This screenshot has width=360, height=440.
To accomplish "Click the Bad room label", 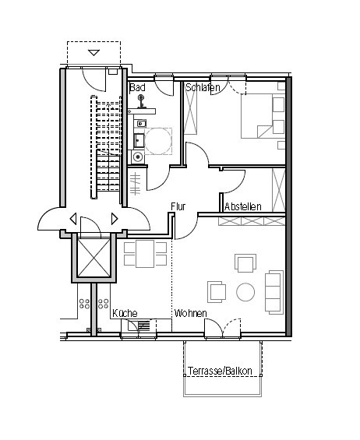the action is (137, 87).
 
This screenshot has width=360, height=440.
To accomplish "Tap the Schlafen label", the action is (203, 87).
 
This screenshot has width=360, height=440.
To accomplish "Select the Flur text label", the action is (178, 206).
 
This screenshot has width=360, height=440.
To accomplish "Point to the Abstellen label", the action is (243, 207).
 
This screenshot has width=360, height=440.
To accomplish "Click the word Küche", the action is (125, 313).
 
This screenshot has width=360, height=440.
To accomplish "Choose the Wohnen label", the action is (190, 313).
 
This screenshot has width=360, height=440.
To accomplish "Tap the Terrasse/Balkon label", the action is (220, 371).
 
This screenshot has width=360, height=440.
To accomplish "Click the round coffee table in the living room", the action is (245, 292).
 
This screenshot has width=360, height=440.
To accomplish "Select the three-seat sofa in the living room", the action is (274, 292).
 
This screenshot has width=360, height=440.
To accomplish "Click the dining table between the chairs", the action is (145, 254).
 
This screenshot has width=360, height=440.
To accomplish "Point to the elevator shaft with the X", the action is (94, 258).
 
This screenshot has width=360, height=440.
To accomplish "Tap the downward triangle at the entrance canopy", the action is (94, 52).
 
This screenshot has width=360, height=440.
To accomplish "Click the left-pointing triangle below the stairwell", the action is (73, 219).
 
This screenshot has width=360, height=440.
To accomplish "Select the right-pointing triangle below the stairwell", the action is (115, 219).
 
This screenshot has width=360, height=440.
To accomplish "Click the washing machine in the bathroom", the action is (138, 157).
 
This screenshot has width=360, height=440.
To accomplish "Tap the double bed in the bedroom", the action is (263, 116).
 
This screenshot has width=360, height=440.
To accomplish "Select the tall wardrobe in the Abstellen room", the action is (278, 190).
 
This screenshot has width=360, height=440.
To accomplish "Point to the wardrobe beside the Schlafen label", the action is (190, 111).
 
